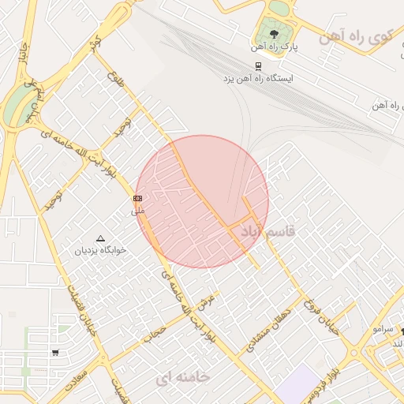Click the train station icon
coord(258,66)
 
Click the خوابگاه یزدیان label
coord(100,250)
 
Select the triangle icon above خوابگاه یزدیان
coord(100,238)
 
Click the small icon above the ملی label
coord(138,198)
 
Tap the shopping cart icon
coord(55,353)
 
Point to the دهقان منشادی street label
coord(267,326)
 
